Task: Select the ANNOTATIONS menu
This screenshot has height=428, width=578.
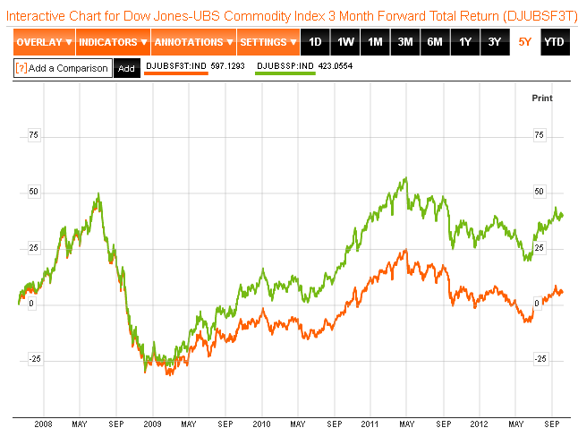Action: (x=192, y=42)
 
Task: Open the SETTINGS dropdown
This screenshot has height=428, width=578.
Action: (x=268, y=42)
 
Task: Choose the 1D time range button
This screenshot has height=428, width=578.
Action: (x=315, y=42)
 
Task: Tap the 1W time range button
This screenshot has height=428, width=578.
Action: (x=345, y=42)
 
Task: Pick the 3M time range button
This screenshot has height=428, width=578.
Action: (x=405, y=42)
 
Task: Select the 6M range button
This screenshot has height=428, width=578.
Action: (x=435, y=42)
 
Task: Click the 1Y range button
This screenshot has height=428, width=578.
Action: (x=464, y=42)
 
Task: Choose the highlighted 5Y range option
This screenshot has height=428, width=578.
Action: (x=524, y=42)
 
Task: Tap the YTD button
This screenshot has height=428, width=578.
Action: (x=555, y=42)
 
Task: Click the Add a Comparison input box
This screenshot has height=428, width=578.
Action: (x=64, y=68)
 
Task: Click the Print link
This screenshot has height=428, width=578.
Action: (x=542, y=97)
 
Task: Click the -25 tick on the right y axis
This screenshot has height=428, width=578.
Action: (x=540, y=359)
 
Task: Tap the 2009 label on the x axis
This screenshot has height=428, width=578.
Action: (x=152, y=423)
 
